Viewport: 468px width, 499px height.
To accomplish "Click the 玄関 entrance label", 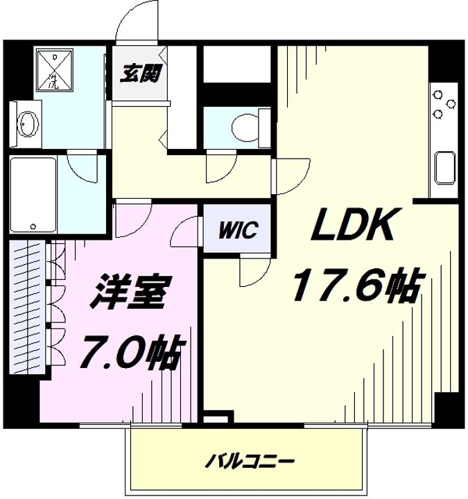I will (x=140, y=74).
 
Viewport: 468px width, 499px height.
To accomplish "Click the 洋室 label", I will (x=130, y=295).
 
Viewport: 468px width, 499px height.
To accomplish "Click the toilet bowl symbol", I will (x=243, y=127).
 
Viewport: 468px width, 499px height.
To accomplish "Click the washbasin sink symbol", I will (x=26, y=125).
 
